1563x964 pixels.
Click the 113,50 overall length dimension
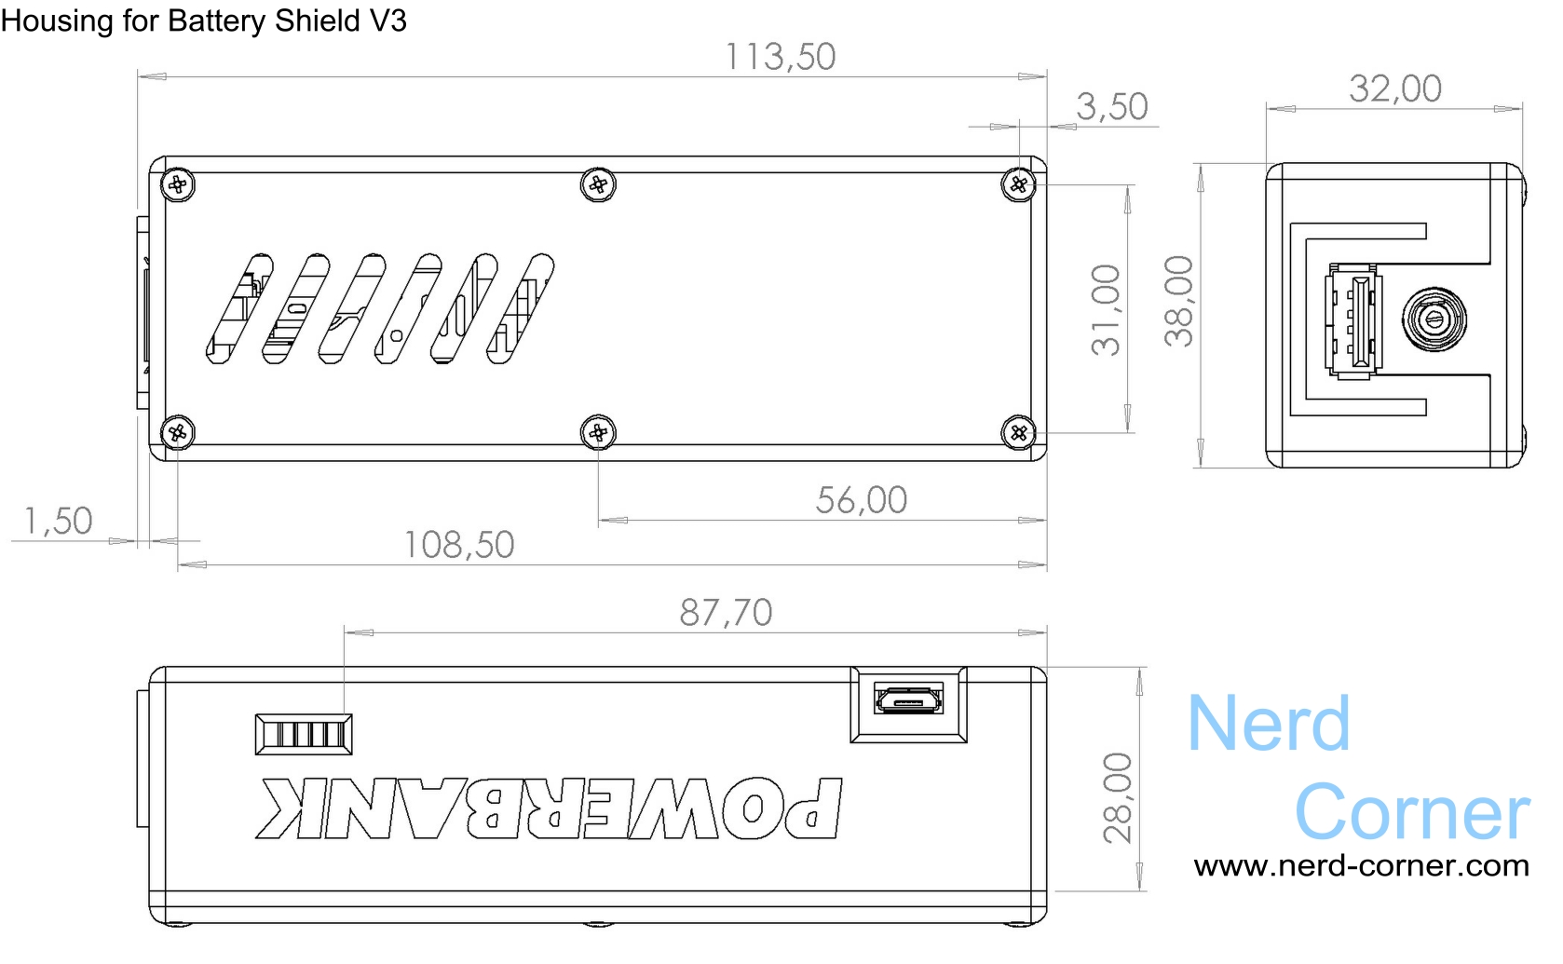781,57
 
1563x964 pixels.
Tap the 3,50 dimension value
1111,107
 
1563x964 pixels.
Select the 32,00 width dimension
1394,88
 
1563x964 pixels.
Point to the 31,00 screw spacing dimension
1107,309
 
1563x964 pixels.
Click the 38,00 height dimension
1179,301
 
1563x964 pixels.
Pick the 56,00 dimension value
861,500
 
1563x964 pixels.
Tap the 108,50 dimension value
458,545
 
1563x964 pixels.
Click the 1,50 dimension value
58,522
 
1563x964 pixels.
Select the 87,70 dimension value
726,613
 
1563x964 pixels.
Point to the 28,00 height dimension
1118,797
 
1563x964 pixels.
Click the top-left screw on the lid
178,184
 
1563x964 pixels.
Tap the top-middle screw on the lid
598,184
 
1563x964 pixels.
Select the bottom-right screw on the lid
1019,432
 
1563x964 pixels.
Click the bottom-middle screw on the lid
598,432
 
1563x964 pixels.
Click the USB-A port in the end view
1355,321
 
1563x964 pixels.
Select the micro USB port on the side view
908,699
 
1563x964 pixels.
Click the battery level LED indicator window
304,734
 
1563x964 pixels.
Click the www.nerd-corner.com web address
1361,866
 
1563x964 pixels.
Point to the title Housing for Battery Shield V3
204,20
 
